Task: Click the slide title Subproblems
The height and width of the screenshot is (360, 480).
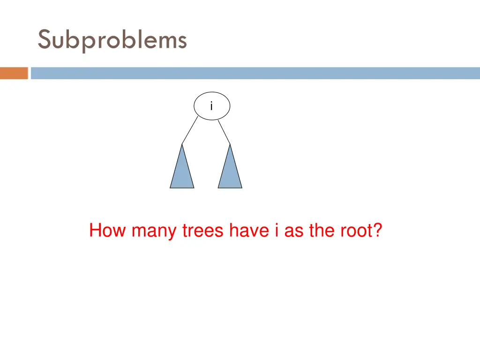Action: pyautogui.click(x=112, y=40)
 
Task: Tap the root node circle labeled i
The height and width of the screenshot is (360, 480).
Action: pyautogui.click(x=212, y=106)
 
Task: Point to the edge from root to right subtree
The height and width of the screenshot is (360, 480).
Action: pyautogui.click(x=224, y=131)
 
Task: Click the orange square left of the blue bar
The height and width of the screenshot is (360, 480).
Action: pyautogui.click(x=14, y=73)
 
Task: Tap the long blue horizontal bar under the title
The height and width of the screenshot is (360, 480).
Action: pyautogui.click(x=255, y=73)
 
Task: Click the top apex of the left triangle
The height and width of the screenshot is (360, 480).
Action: pyautogui.click(x=182, y=144)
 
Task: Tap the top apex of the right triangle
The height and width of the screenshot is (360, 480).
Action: pyautogui.click(x=230, y=144)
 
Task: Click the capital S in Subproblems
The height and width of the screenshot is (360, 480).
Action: pyautogui.click(x=44, y=40)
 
